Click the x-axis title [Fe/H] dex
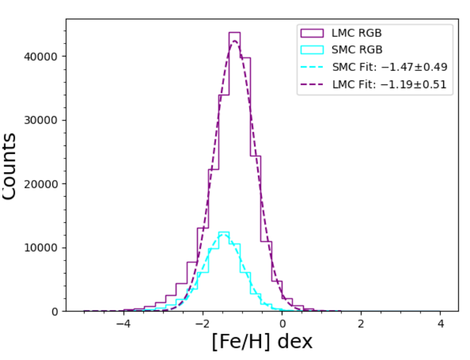pyautogui.click(x=262, y=342)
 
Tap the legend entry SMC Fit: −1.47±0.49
pyautogui.click(x=390, y=67)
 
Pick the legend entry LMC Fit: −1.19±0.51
pyautogui.click(x=390, y=85)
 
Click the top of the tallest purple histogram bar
pyautogui.click(x=234, y=33)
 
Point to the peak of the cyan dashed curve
pyautogui.click(x=224, y=235)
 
